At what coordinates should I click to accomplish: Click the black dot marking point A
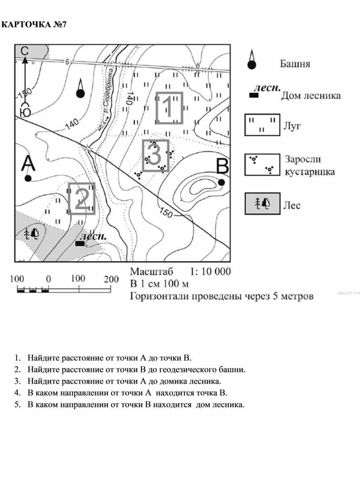28,178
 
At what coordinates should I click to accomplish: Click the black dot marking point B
221,182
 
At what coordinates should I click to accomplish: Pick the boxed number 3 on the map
155,155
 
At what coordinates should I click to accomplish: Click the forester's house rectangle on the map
80,243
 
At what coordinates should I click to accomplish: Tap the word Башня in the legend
295,64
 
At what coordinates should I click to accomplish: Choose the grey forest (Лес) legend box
262,204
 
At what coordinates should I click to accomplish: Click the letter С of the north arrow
25,51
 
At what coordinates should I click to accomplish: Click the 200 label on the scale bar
111,279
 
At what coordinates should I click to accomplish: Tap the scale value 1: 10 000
210,271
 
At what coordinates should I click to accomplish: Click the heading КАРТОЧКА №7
34,24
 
